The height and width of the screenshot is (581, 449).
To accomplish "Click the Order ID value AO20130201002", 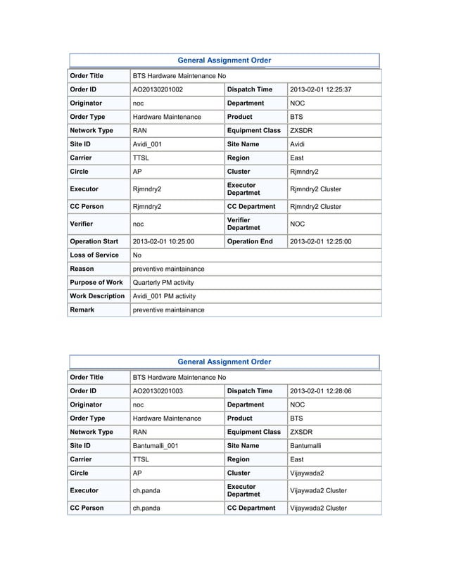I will tap(158, 90).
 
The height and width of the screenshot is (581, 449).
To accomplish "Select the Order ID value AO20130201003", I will tap(158, 391).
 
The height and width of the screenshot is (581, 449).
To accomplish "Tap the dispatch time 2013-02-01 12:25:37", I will tap(321, 90).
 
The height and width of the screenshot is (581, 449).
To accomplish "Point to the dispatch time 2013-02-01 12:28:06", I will tap(321, 391).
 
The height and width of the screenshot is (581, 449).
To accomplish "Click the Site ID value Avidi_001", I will tap(149, 145).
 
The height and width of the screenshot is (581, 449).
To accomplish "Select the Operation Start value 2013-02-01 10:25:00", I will tap(163, 242).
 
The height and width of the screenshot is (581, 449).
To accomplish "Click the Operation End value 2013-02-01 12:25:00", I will tap(321, 242).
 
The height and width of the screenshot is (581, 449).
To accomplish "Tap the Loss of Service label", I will tap(94, 255).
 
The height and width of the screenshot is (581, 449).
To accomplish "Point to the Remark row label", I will tap(82, 309).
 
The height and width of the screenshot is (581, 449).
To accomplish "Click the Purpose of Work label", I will tap(96, 283).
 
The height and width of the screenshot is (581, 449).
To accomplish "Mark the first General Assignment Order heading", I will tap(224, 61).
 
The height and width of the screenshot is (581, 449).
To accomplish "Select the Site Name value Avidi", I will tap(298, 145).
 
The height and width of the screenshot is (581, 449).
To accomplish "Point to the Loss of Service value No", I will tap(137, 255).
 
